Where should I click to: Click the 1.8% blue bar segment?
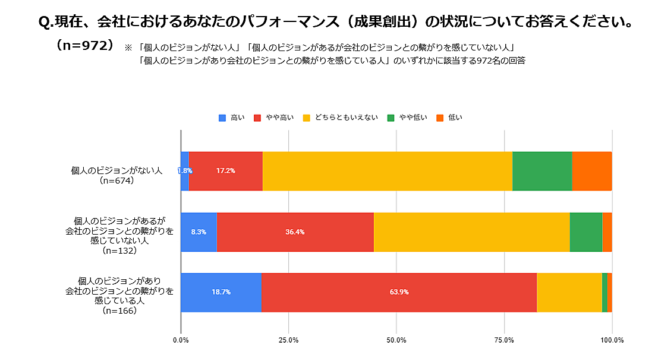[185, 171]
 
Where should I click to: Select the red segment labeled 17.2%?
[226, 171]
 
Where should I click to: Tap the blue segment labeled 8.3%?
[199, 232]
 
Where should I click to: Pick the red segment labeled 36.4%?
[295, 232]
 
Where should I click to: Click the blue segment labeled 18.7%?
[221, 292]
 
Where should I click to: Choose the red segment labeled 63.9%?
[399, 292]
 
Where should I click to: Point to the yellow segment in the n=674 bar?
[387, 171]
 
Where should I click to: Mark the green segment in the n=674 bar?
[542, 171]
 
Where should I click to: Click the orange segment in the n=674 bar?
[592, 171]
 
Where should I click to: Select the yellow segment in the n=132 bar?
[471, 232]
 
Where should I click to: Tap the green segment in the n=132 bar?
[585, 232]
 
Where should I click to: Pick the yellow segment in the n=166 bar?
[569, 292]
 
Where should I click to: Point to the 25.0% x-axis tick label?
[288, 340]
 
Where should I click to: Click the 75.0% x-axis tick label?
[504, 340]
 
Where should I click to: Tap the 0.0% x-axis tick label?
[181, 340]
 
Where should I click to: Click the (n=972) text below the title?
[84, 46]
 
